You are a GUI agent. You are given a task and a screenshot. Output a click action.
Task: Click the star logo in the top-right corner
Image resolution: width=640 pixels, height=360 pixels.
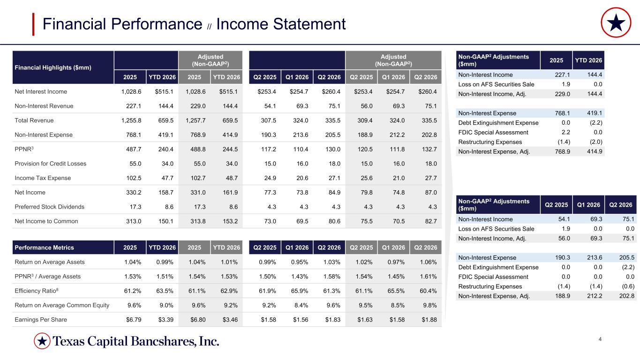coord(616,22)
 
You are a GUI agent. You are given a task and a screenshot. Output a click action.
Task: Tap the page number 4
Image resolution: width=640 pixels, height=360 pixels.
coord(600,339)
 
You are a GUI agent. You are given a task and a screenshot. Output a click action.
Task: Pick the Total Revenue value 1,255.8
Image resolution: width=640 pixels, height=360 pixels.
coord(131,120)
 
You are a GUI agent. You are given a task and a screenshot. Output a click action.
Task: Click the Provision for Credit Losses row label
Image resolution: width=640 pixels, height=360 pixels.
coord(50,164)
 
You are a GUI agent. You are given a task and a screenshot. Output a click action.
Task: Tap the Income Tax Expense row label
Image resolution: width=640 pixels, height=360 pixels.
coord(43,178)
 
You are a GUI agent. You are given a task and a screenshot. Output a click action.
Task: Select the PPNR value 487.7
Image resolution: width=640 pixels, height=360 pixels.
coord(134,149)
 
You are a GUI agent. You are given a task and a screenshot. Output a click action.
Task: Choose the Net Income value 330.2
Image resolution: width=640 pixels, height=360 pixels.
coord(134,193)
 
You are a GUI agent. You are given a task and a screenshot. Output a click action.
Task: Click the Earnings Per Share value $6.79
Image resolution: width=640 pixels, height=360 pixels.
coord(134,320)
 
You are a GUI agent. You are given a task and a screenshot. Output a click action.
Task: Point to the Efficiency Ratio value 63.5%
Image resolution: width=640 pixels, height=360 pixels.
coord(165,291)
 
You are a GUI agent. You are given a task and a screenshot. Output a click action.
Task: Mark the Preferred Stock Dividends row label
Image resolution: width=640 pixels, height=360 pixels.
coord(49,207)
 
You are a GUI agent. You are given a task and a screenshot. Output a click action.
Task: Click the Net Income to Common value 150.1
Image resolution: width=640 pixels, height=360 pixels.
coord(166,221)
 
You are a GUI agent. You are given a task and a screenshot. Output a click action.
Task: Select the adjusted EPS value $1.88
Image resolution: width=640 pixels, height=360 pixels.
coord(429,320)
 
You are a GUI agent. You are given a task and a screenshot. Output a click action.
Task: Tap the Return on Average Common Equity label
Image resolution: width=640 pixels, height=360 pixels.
coord(62,305)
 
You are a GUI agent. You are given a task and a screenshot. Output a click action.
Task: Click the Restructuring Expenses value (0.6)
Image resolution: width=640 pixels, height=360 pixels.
coord(628,286)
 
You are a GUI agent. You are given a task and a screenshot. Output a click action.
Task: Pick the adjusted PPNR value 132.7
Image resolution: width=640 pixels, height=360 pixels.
coord(429,149)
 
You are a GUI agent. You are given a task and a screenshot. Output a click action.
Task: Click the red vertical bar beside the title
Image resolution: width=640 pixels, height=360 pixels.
coord(33,24)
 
